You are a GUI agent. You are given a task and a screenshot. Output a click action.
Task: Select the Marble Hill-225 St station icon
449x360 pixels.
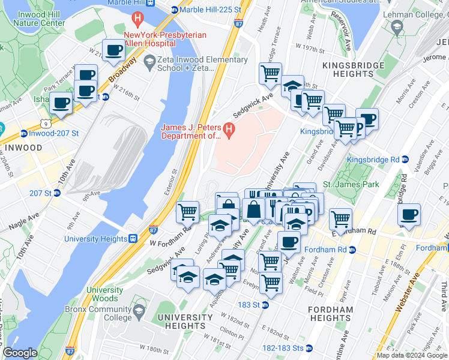click(x=175, y=10)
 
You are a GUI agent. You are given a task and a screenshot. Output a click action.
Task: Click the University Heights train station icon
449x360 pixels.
click(x=133, y=238)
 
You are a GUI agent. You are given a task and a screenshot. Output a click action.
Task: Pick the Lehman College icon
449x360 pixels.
click(x=397, y=28)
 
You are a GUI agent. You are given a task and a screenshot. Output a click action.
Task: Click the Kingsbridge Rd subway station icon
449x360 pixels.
click(x=405, y=160)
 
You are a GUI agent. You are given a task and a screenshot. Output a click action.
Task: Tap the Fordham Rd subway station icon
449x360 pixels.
click(x=352, y=250)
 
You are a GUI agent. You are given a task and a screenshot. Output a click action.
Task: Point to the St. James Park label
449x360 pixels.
click(x=351, y=184)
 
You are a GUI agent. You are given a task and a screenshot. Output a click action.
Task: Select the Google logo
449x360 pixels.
click(x=20, y=353)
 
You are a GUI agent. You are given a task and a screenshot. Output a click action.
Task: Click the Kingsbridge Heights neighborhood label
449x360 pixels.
click(x=348, y=69)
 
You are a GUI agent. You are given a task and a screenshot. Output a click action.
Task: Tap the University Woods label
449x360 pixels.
click(x=104, y=294)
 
